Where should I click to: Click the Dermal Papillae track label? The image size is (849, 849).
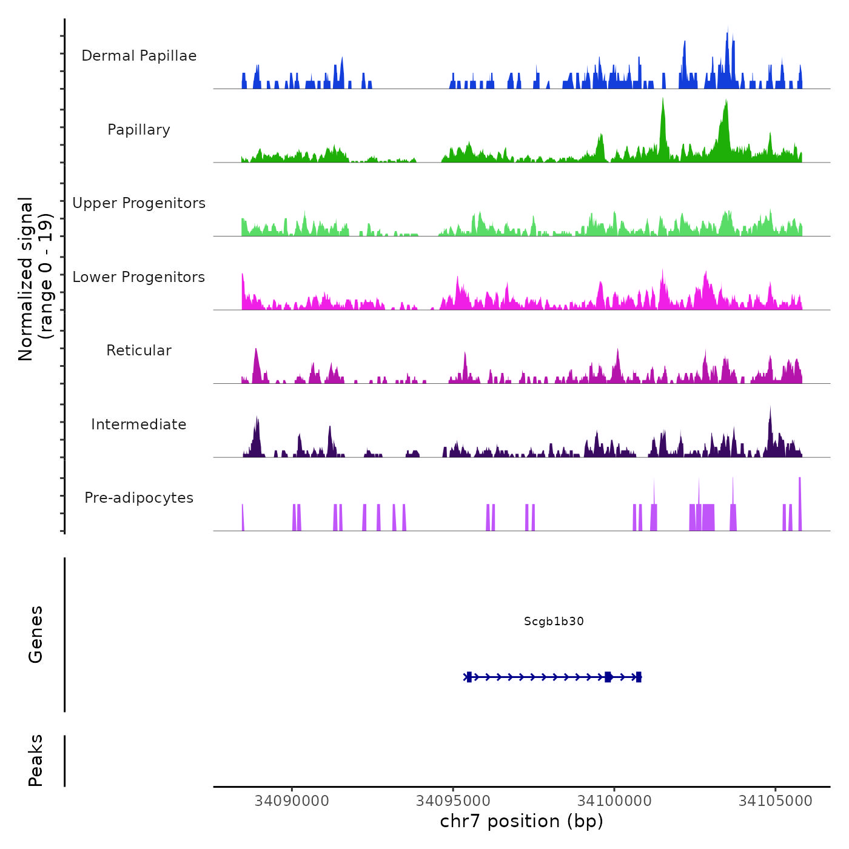point(139,56)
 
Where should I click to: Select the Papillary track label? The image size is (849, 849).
point(139,130)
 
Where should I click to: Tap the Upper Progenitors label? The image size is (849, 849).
point(139,203)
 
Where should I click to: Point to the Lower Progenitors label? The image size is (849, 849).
point(139,277)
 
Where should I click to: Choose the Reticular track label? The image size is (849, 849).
point(139,351)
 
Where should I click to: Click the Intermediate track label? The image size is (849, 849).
point(139,424)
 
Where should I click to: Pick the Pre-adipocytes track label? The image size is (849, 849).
point(139,498)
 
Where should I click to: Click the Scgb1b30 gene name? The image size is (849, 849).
point(554,621)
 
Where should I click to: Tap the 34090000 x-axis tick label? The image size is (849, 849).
point(292,800)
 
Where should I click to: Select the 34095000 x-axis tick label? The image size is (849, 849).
point(453,800)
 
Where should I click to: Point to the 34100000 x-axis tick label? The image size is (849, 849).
point(614,800)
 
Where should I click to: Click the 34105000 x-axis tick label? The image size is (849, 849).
point(776,800)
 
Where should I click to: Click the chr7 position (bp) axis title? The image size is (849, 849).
point(522,821)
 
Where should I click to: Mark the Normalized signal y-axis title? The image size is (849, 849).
point(35,278)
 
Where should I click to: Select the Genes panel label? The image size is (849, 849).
point(36,634)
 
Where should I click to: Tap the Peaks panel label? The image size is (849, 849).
point(36,760)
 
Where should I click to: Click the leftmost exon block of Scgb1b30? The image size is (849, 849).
point(469,677)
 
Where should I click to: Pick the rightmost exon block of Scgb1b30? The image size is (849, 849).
point(639,677)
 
